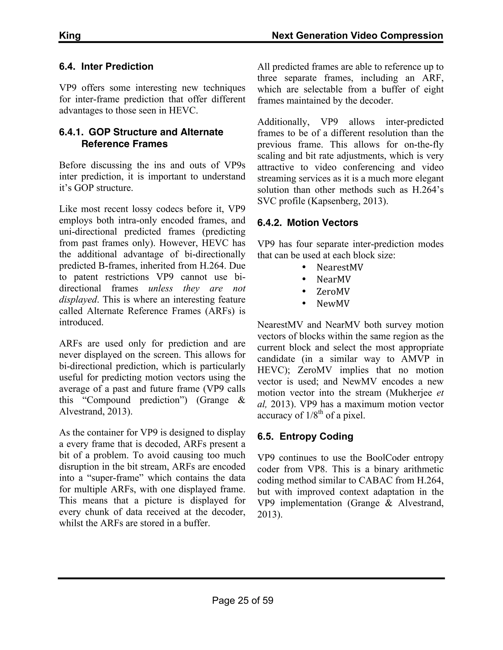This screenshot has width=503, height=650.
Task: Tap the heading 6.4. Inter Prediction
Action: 106,66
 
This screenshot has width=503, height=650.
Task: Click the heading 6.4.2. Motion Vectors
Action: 307,223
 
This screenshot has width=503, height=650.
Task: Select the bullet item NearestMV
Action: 340,267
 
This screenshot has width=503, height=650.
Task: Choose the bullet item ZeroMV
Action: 333,291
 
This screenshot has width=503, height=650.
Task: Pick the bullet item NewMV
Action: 333,304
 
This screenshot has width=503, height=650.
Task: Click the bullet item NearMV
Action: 334,279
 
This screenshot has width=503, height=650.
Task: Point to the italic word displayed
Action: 78,300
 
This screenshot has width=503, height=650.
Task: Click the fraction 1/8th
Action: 314,416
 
